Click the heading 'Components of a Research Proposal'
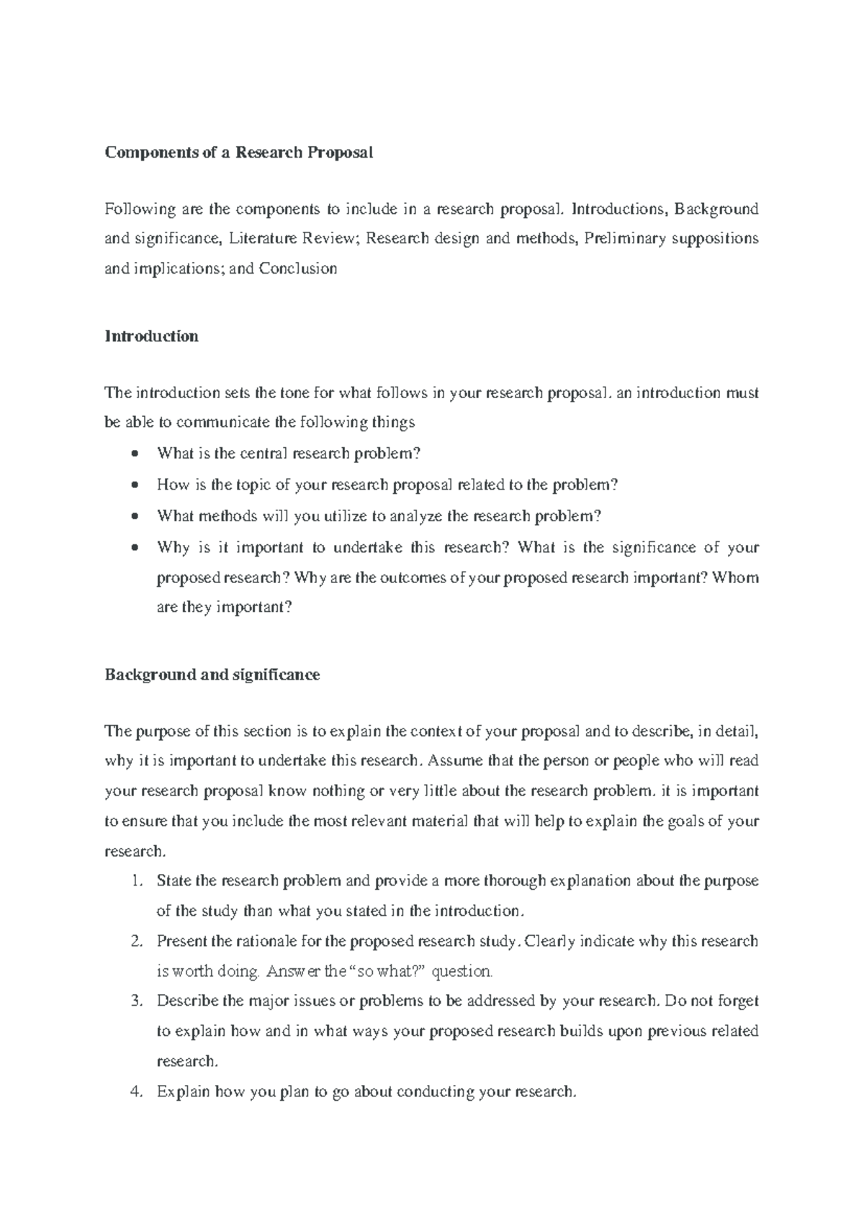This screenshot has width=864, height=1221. (238, 153)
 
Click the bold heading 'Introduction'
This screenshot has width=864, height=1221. (151, 336)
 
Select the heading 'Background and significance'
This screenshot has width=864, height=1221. (212, 675)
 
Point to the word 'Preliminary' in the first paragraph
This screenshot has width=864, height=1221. (625, 238)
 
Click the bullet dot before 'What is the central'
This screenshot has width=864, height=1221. (134, 454)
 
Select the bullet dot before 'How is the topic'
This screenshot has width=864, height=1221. (134, 485)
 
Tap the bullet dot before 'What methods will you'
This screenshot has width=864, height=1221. (134, 516)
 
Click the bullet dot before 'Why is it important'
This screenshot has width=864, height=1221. (134, 547)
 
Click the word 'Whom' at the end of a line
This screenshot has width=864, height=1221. (735, 577)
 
